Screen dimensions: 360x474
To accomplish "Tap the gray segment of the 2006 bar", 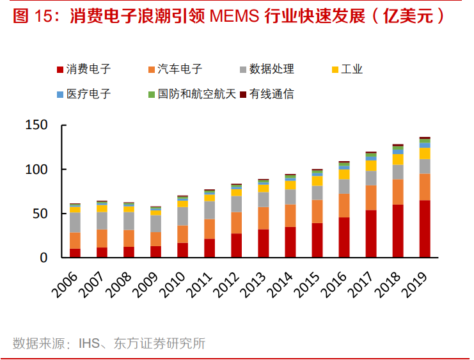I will [x=75, y=223].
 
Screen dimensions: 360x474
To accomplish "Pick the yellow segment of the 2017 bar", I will [x=371, y=166].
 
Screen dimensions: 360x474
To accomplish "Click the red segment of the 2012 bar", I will [x=237, y=246].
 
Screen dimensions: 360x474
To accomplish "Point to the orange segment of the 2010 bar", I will [x=183, y=234].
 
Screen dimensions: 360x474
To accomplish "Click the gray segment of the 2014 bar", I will [x=290, y=197].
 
